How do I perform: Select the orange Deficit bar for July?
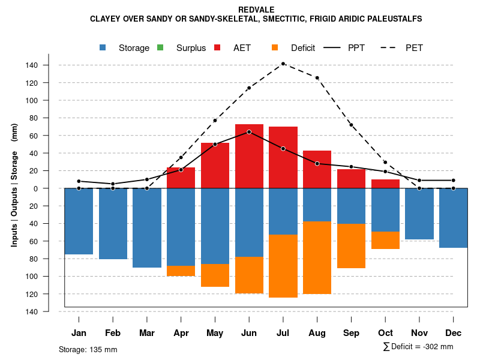pyautogui.click(x=283, y=266)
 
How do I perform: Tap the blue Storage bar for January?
pyautogui.click(x=79, y=221)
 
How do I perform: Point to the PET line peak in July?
pyautogui.click(x=283, y=64)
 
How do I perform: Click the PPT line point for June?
pyautogui.click(x=249, y=131)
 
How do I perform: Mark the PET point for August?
pyautogui.click(x=317, y=78)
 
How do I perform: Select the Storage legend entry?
pyautogui.click(x=125, y=48)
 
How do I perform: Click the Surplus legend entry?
pyautogui.click(x=183, y=48)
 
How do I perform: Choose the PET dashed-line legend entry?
pyautogui.click(x=406, y=48)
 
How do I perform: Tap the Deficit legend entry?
pyautogui.click(x=294, y=48)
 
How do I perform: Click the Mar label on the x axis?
pyautogui.click(x=147, y=333)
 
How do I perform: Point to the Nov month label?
pyautogui.click(x=419, y=333)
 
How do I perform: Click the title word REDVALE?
pyautogui.click(x=256, y=10)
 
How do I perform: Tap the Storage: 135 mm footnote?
pyautogui.click(x=88, y=349)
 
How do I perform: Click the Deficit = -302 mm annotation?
pyautogui.click(x=418, y=347)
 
